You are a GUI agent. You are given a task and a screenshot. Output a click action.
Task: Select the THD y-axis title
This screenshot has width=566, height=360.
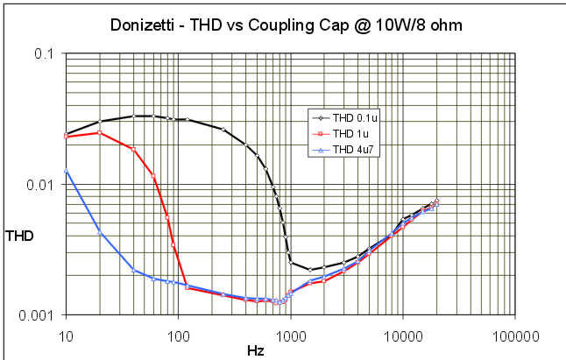[18, 235]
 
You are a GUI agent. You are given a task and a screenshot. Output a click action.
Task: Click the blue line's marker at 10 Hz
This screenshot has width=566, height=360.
[66, 171]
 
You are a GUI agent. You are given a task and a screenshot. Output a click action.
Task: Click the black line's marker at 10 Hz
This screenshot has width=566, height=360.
[66, 134]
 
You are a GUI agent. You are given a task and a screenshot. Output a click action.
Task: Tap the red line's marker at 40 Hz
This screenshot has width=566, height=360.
[133, 149]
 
